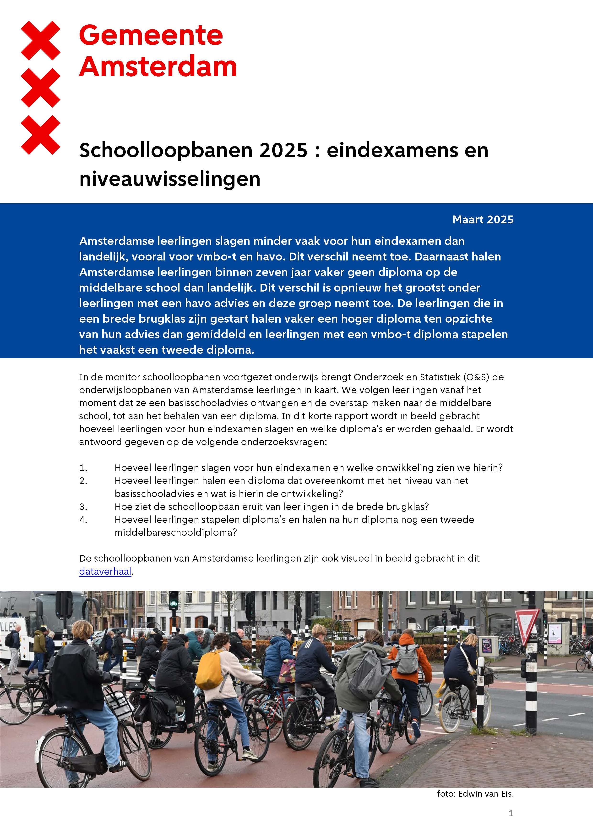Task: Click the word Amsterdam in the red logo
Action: (158, 67)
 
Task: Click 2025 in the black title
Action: (283, 150)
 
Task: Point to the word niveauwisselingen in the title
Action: (170, 179)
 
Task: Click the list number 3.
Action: (83, 507)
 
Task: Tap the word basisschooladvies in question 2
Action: (156, 494)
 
